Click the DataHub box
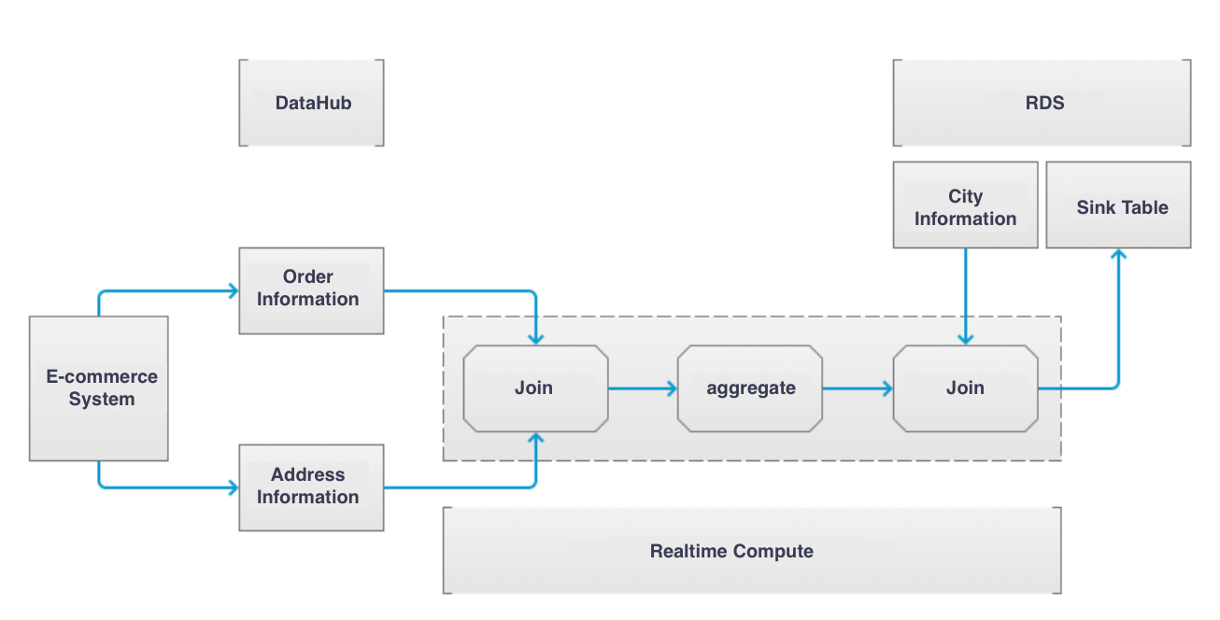pos(311,103)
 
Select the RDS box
pos(1042,103)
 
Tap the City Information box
pos(966,204)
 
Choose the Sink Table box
pos(1119,204)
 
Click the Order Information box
pos(311,290)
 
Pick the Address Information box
pos(311,487)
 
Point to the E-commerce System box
pos(99,388)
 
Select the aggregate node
pos(750,388)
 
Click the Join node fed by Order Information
pos(536,388)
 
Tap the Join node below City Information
pos(966,388)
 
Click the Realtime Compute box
pos(752,550)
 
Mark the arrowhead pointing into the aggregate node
pos(672,388)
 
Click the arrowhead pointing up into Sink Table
pos(1119,254)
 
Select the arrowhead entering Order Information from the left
pos(234,290)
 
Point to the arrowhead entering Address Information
pos(234,487)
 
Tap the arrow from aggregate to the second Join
pos(858,388)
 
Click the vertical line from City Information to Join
pos(966,297)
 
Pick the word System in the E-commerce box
pos(102,399)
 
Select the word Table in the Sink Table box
pos(1145,207)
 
